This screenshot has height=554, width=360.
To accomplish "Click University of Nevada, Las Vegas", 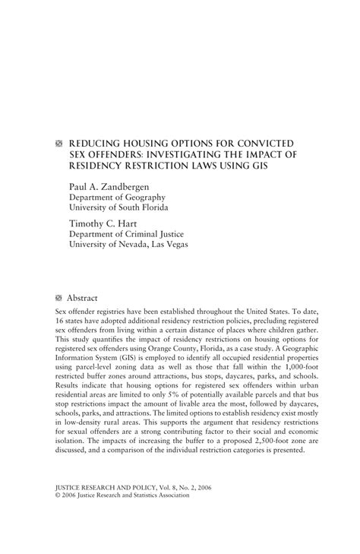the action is click(x=128, y=245).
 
